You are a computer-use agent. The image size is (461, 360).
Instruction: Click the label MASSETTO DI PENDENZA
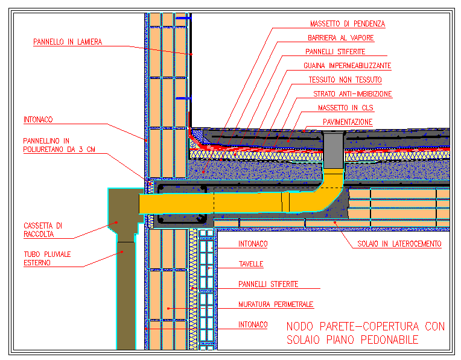click(347, 24)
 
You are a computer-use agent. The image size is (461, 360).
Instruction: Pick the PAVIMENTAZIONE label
click(347, 122)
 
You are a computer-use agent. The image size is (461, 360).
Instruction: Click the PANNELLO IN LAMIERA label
click(68, 42)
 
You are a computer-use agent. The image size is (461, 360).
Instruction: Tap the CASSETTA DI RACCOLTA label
click(39, 230)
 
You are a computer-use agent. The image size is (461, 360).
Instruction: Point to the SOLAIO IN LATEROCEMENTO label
click(399, 244)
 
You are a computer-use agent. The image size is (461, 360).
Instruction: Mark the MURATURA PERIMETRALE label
click(276, 305)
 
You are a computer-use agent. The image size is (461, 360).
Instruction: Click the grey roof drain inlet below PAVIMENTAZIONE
click(333, 151)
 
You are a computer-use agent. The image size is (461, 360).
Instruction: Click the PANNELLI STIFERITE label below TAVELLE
click(268, 284)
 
